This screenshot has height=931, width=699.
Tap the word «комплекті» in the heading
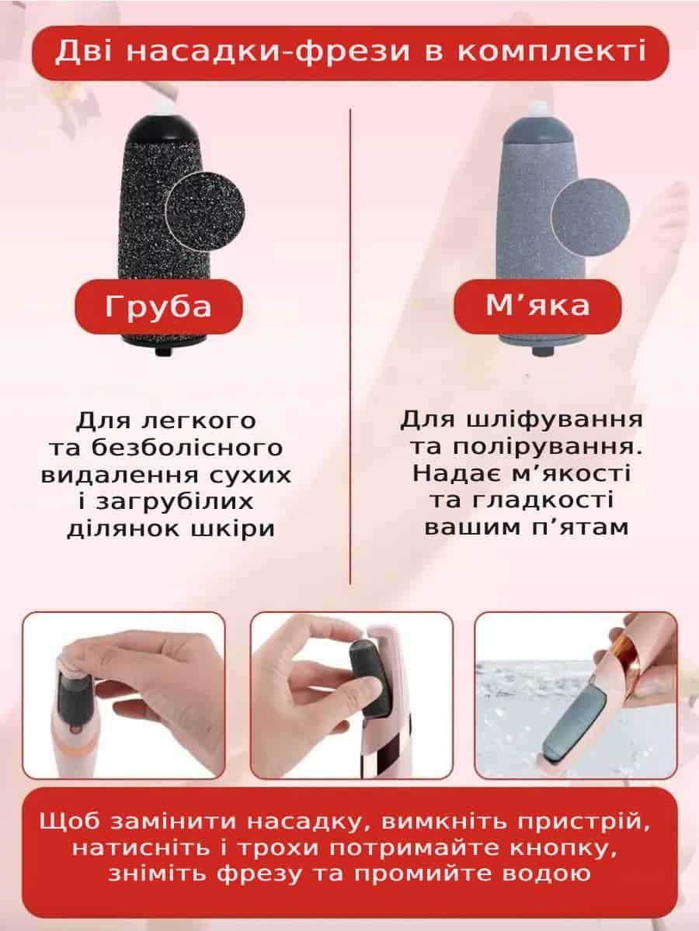pyautogui.click(x=551, y=51)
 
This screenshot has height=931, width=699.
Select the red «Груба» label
pyautogui.click(x=158, y=306)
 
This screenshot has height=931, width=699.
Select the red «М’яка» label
pyautogui.click(x=537, y=306)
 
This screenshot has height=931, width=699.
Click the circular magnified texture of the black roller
pyautogui.click(x=204, y=211)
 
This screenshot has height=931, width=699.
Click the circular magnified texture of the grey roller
pyautogui.click(x=590, y=216)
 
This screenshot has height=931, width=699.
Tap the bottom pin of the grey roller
pyautogui.click(x=542, y=351)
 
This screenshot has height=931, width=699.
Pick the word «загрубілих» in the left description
pyautogui.click(x=175, y=502)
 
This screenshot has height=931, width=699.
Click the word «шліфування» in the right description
pyautogui.click(x=555, y=421)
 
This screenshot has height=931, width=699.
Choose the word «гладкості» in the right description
pyautogui.click(x=543, y=500)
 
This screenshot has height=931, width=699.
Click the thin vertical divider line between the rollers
pyautogui.click(x=350, y=347)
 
